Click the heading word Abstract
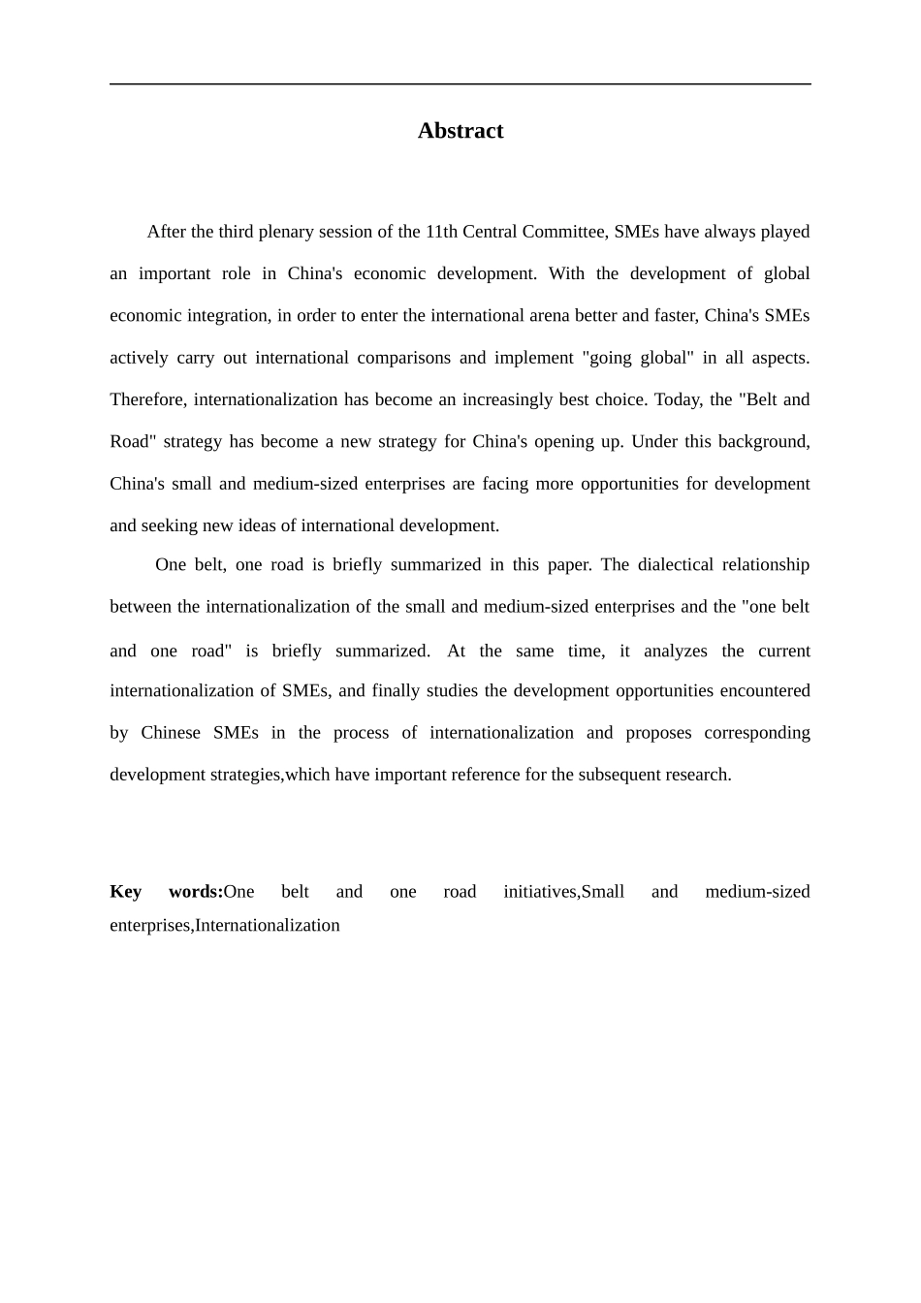tap(460, 131)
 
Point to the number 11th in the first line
tap(441, 232)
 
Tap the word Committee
tap(564, 232)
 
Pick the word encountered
tap(762, 690)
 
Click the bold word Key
tap(125, 892)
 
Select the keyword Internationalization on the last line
tap(268, 925)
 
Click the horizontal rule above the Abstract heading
tap(460, 84)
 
